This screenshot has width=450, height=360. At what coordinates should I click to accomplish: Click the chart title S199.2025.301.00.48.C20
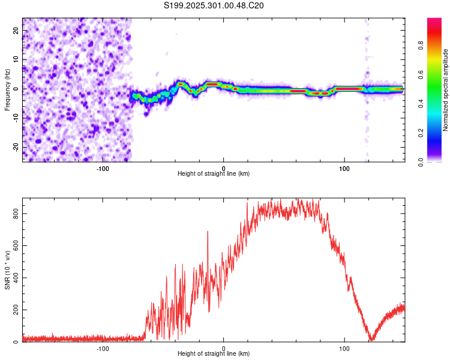214,5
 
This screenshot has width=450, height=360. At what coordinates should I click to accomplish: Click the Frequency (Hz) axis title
7,89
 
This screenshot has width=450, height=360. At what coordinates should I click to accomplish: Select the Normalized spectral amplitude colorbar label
445,90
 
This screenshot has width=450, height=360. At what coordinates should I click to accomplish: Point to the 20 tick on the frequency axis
16,30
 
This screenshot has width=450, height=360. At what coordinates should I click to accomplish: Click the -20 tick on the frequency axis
15,147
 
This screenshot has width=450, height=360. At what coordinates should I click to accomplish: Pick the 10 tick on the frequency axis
16,59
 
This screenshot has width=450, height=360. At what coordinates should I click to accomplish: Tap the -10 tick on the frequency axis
15,118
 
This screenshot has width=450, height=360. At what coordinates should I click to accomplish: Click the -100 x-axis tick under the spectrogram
103,167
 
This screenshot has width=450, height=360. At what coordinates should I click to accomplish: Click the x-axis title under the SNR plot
214,355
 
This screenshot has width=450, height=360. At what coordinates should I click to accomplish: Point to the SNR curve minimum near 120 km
372,340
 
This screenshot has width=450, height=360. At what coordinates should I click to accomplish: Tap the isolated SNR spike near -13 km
208,232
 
